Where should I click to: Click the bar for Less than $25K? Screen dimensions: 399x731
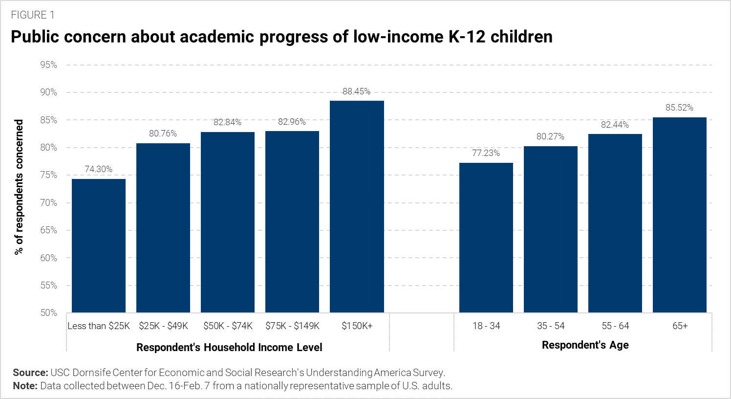pyautogui.click(x=99, y=245)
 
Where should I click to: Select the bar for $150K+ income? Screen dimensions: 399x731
pyautogui.click(x=357, y=206)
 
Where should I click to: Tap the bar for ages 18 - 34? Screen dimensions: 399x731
pyautogui.click(x=486, y=238)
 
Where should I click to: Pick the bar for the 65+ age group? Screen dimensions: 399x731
pyautogui.click(x=680, y=215)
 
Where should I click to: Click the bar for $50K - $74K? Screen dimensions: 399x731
pyautogui.click(x=228, y=222)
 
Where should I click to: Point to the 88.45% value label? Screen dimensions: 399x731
pyautogui.click(x=356, y=91)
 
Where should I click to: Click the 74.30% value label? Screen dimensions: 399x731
pyautogui.click(x=99, y=169)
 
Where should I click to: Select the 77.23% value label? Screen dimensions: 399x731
pyautogui.click(x=486, y=153)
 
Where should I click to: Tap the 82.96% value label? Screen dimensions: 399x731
pyautogui.click(x=292, y=122)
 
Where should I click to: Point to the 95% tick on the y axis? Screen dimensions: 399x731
pyautogui.click(x=49, y=65)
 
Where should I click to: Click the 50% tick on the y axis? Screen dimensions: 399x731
pyautogui.click(x=49, y=313)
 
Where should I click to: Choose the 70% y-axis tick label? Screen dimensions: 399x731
pyautogui.click(x=49, y=203)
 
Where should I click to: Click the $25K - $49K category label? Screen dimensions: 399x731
pyautogui.click(x=163, y=326)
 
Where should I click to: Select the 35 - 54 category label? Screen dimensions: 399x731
pyautogui.click(x=551, y=326)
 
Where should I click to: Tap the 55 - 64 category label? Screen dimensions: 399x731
pyautogui.click(x=615, y=326)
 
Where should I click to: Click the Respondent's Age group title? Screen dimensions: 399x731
pyautogui.click(x=585, y=345)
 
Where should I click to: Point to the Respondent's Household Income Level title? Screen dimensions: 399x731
pyautogui.click(x=229, y=348)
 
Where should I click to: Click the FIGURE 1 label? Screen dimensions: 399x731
pyautogui.click(x=33, y=15)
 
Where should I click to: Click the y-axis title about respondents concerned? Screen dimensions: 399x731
pyautogui.click(x=19, y=187)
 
